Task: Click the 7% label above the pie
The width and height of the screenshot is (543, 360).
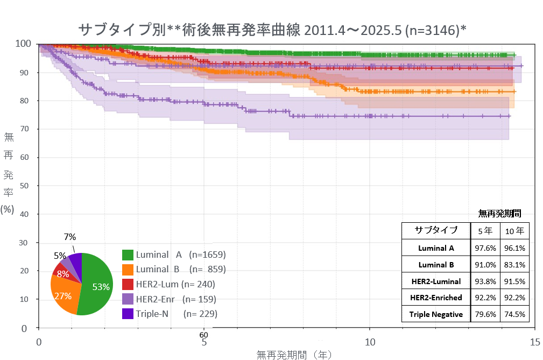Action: point(70,237)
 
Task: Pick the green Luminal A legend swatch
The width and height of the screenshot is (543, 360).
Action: point(128,255)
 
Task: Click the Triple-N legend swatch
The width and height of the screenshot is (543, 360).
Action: point(128,313)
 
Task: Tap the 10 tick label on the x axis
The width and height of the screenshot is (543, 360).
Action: point(370,342)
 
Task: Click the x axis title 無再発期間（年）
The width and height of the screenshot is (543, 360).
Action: point(294,355)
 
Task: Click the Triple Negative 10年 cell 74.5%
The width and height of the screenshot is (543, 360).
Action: point(514,314)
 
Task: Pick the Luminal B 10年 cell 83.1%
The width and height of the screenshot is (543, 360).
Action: point(514,265)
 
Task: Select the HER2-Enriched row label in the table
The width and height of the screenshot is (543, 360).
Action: point(436,298)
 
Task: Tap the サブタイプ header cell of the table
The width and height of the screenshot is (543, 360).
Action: point(436,230)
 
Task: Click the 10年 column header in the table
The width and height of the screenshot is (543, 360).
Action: point(514,231)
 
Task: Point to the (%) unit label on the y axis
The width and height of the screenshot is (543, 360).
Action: point(8,209)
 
